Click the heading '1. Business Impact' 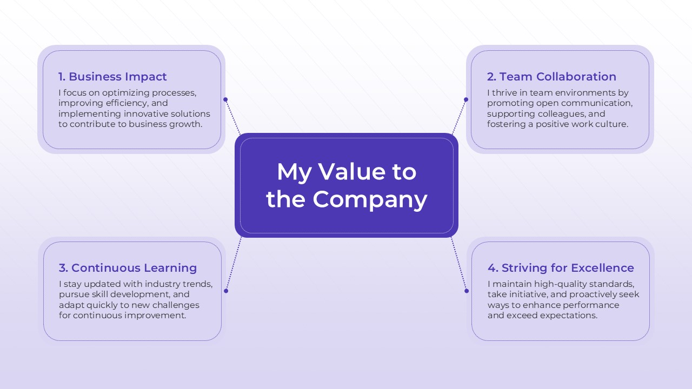pyautogui.click(x=112, y=77)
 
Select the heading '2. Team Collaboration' pyautogui.click(x=551, y=77)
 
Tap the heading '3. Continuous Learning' pyautogui.click(x=128, y=268)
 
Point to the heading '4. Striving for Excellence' pyautogui.click(x=561, y=268)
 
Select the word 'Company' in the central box pyautogui.click(x=370, y=199)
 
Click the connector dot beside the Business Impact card pyautogui.click(x=225, y=99)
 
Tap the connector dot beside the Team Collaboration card pyautogui.click(x=466, y=99)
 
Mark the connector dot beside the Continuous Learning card pyautogui.click(x=226, y=291)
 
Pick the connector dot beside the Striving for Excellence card pyautogui.click(x=467, y=291)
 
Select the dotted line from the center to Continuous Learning pyautogui.click(x=234, y=264)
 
